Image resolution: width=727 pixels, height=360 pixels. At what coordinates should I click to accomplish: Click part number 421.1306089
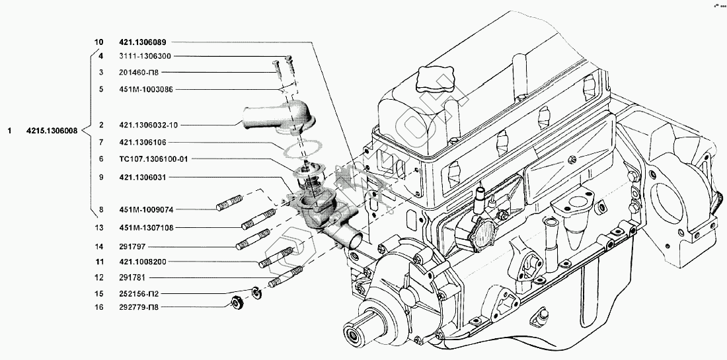[x=143, y=42]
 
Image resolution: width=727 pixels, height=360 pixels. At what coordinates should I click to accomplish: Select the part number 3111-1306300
[x=143, y=57]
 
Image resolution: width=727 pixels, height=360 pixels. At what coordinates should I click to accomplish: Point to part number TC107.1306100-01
[x=149, y=159]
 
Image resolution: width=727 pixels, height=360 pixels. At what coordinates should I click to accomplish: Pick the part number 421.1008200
[x=143, y=262]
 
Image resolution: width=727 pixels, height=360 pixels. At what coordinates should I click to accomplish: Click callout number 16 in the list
[x=100, y=307]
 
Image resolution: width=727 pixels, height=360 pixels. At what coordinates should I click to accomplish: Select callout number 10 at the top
[x=99, y=42]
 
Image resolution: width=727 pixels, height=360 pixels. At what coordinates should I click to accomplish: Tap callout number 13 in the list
[x=100, y=228]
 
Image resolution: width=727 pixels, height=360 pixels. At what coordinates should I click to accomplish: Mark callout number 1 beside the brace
[x=9, y=131]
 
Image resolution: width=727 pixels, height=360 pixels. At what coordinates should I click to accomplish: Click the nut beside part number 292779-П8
[x=235, y=303]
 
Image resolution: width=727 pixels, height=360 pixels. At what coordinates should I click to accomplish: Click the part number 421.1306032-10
[x=148, y=125]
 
